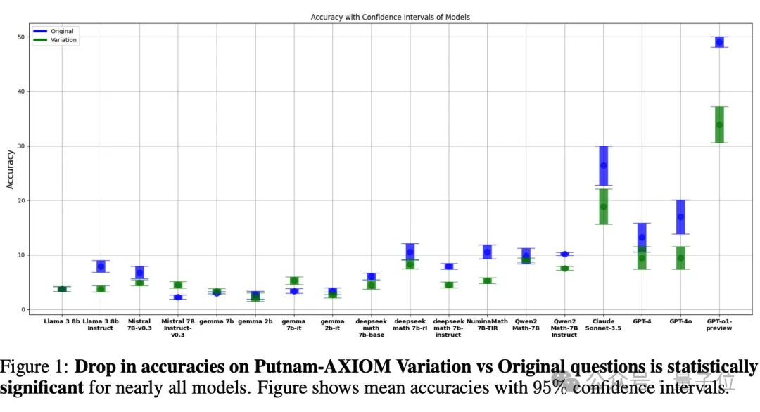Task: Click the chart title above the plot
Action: (x=390, y=17)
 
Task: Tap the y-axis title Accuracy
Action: (x=11, y=169)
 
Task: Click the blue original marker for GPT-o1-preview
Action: (x=719, y=42)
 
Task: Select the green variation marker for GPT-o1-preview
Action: (x=719, y=125)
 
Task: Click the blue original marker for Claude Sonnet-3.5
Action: (x=603, y=166)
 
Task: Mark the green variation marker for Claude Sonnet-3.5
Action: (x=603, y=207)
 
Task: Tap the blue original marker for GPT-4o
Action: (x=680, y=217)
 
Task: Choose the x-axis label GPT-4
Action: (x=642, y=321)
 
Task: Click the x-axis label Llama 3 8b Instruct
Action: (x=101, y=325)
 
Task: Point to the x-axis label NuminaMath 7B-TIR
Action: (x=487, y=325)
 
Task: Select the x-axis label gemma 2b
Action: (x=255, y=321)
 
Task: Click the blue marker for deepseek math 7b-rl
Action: (x=410, y=252)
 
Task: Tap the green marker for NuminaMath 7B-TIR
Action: (x=487, y=281)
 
